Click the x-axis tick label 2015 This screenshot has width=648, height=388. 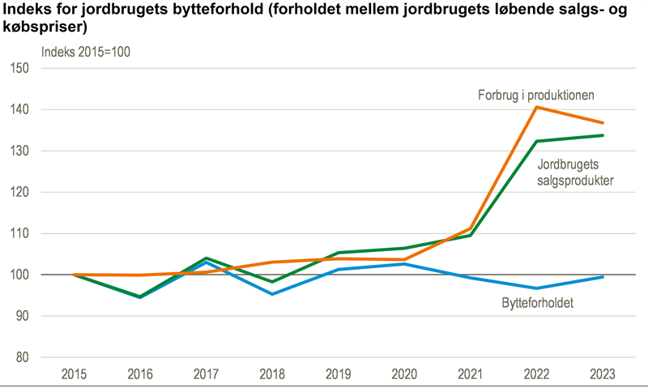click(x=75, y=374)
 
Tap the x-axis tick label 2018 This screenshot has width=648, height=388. click(x=272, y=374)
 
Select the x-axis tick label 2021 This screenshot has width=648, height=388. click(x=471, y=374)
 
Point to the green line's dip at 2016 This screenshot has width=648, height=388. click(x=140, y=297)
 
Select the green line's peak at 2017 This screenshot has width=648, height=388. click(x=207, y=258)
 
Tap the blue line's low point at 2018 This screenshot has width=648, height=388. click(x=272, y=294)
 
